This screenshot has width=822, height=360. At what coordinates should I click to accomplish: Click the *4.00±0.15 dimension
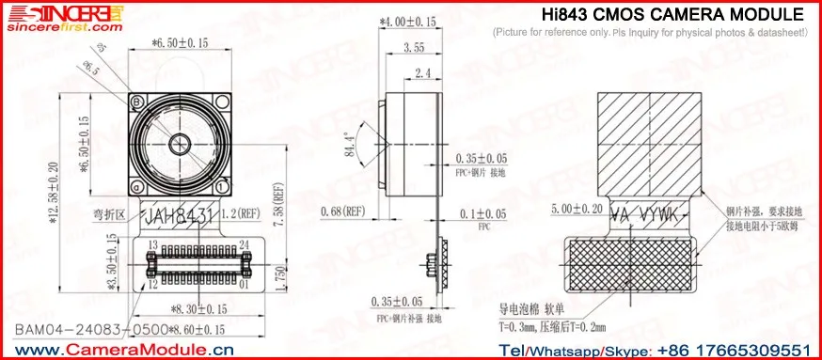[x=408, y=21]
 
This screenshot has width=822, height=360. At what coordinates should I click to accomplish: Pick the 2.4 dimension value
[x=422, y=72]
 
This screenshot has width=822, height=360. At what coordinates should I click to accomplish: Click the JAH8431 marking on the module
[x=179, y=216]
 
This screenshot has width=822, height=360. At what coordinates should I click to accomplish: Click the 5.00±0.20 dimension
[x=577, y=209]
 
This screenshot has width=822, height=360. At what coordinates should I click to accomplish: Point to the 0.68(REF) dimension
[x=343, y=211]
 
